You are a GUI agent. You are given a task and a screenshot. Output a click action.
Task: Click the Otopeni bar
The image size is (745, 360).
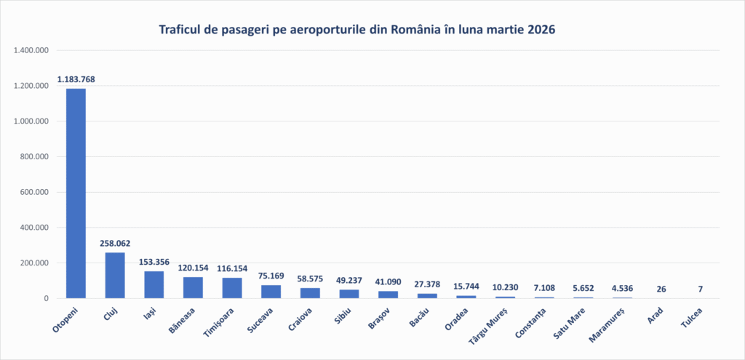(x=76, y=193)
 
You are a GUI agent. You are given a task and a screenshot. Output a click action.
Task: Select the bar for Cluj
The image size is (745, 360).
(x=115, y=275)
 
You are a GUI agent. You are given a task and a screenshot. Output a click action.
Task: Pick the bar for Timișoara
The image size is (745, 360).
(x=232, y=288)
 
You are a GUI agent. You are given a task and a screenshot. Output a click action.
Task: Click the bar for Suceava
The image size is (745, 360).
(x=271, y=292)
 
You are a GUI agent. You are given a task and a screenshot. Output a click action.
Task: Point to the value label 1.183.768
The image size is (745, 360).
(x=76, y=79)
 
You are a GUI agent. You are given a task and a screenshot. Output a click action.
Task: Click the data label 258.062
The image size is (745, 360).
(x=115, y=244)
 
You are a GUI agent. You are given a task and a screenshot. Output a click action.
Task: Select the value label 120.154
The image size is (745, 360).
(x=193, y=268)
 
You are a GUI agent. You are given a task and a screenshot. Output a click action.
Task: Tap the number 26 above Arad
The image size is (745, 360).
(x=661, y=289)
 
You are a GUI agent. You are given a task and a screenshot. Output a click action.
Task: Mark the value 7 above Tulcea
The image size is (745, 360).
(x=700, y=289)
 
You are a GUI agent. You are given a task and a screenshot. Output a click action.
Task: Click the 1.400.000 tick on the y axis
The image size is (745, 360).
(x=31, y=51)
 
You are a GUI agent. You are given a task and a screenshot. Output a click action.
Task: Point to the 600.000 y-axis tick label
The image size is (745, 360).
(x=33, y=193)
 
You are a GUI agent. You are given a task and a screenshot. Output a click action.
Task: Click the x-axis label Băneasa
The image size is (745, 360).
(x=183, y=321)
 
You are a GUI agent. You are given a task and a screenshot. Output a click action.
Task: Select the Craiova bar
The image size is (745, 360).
(x=310, y=293)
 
